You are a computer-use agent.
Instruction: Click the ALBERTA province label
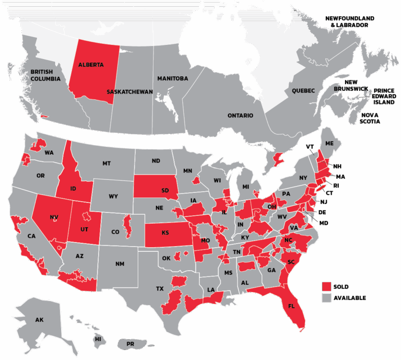(91, 65)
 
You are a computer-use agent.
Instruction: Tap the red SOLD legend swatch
(327, 286)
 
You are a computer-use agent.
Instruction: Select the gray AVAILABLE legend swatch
(327, 298)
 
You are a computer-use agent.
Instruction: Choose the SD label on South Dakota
(165, 190)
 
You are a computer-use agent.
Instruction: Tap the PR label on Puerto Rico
(131, 344)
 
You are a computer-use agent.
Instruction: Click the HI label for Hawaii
(98, 339)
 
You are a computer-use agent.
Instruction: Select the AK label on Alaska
(40, 320)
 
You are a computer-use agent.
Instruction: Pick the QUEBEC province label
(303, 91)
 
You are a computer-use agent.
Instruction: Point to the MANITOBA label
(172, 78)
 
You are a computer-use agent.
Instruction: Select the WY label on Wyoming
(113, 197)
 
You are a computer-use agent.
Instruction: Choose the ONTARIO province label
(240, 115)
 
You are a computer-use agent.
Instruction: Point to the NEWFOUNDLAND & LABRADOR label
(350, 21)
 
